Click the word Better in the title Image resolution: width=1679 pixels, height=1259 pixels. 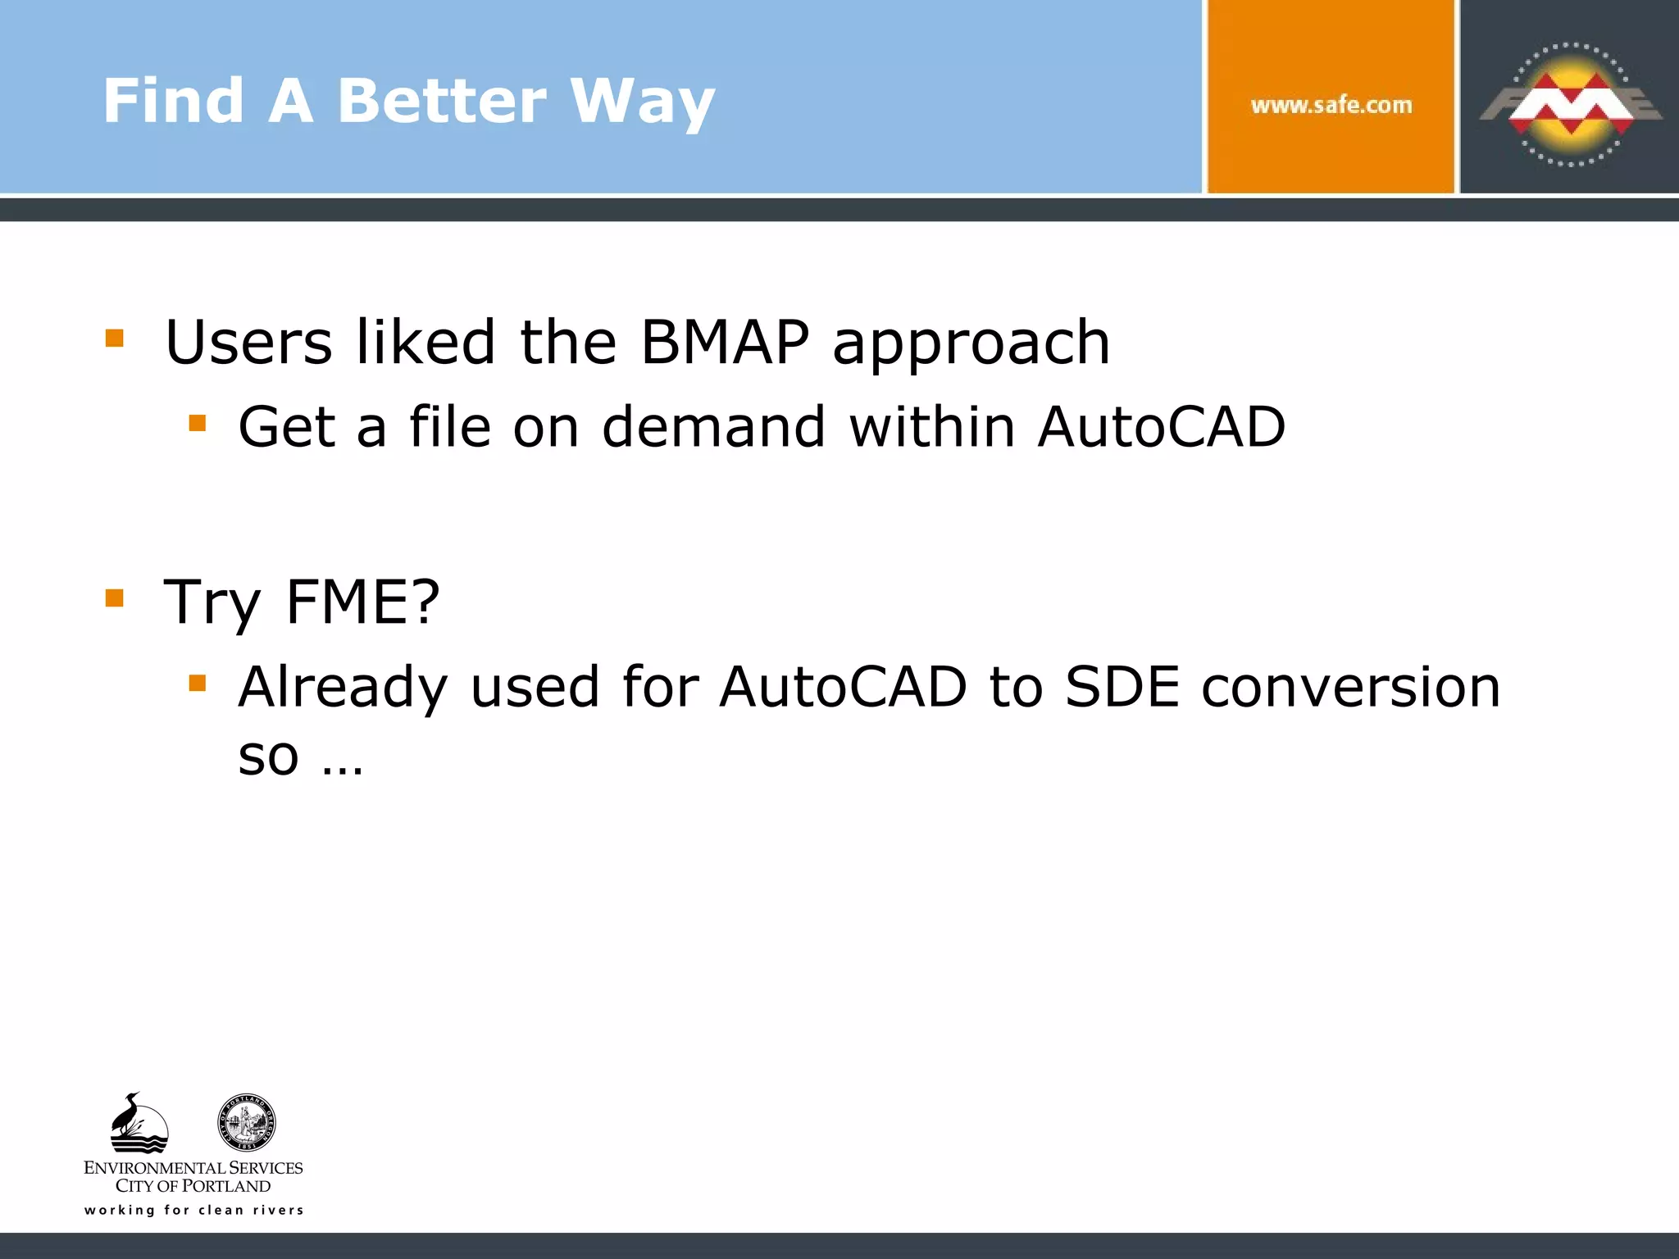tap(441, 101)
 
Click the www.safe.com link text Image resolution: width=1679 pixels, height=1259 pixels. tap(1331, 105)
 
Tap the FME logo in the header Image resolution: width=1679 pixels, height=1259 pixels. tap(1570, 103)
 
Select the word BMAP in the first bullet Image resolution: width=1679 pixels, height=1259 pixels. tap(725, 342)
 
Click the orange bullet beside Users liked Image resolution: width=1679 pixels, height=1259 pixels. tap(115, 339)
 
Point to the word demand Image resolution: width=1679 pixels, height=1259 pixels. tap(713, 427)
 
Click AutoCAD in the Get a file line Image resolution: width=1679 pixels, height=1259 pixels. tap(1161, 427)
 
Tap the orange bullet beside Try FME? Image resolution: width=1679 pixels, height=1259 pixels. tap(115, 598)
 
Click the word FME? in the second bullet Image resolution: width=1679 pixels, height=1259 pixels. tap(362, 602)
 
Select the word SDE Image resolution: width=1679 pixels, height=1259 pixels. tap(1122, 687)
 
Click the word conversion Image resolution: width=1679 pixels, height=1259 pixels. tap(1350, 687)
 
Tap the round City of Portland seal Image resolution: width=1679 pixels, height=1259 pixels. tap(246, 1122)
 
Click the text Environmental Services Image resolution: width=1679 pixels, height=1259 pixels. tap(193, 1167)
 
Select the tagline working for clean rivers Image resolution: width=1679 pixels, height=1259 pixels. tap(193, 1210)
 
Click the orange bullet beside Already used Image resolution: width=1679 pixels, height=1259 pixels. tap(197, 683)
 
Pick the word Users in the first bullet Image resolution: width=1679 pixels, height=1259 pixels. tap(248, 342)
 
